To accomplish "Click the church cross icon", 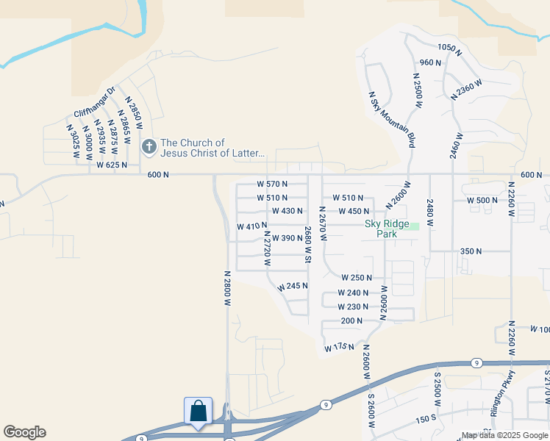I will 149,147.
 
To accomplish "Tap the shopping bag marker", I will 199,411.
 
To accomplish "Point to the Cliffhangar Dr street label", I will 95,102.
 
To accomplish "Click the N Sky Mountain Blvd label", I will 391,119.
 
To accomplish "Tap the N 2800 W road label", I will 228,287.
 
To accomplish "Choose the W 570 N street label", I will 272,184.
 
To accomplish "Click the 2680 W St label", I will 309,245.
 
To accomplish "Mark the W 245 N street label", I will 293,286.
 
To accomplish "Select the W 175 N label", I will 339,347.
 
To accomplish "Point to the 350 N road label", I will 471,251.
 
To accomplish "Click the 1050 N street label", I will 449,50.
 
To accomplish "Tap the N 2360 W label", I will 468,90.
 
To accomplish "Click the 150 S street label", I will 426,419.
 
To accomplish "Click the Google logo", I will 24,432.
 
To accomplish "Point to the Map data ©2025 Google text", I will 504,436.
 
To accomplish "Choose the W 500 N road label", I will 483,200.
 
